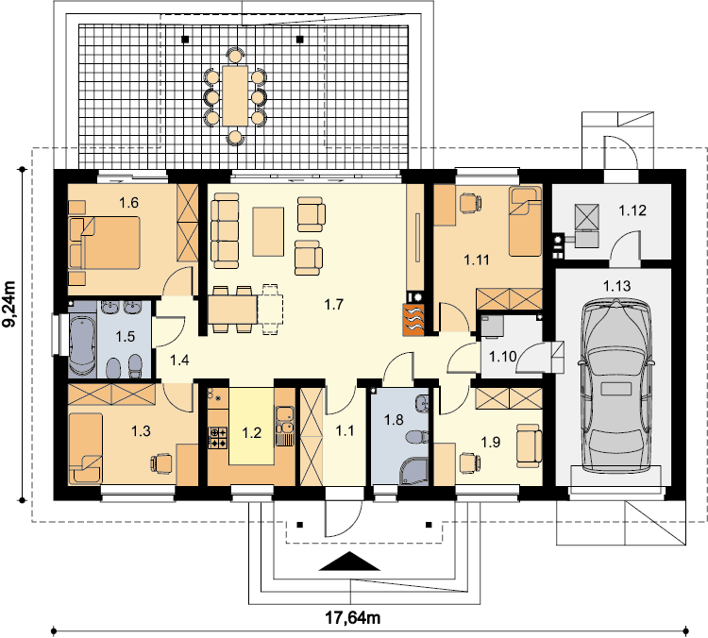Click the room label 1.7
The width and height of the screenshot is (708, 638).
pos(334,305)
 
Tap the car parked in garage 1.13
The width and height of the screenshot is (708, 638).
pos(616,387)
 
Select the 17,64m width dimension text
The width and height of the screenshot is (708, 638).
pos(353,617)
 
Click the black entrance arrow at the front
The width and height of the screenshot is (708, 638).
pos(349,562)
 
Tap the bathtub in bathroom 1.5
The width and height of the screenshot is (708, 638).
pos(82,345)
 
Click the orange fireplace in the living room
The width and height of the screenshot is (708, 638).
pos(413,320)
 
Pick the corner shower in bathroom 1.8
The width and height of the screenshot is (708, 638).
pos(413,471)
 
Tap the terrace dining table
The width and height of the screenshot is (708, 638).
pos(235,95)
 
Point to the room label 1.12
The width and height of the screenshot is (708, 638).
pos(632,210)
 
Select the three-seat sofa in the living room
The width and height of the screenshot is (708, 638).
pos(225,230)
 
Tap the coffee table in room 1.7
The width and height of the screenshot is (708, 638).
pos(268,231)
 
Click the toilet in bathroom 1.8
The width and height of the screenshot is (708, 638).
pos(417,437)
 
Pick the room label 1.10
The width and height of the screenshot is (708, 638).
pos(503,357)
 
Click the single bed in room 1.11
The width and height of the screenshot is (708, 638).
pos(525,222)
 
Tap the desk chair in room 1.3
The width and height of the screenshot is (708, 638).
pos(161,463)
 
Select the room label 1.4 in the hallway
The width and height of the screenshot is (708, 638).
pos(179,361)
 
